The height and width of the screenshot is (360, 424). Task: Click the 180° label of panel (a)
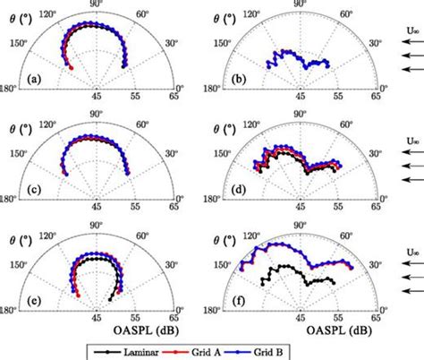[10, 88]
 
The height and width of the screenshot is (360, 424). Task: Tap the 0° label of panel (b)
[385, 88]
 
